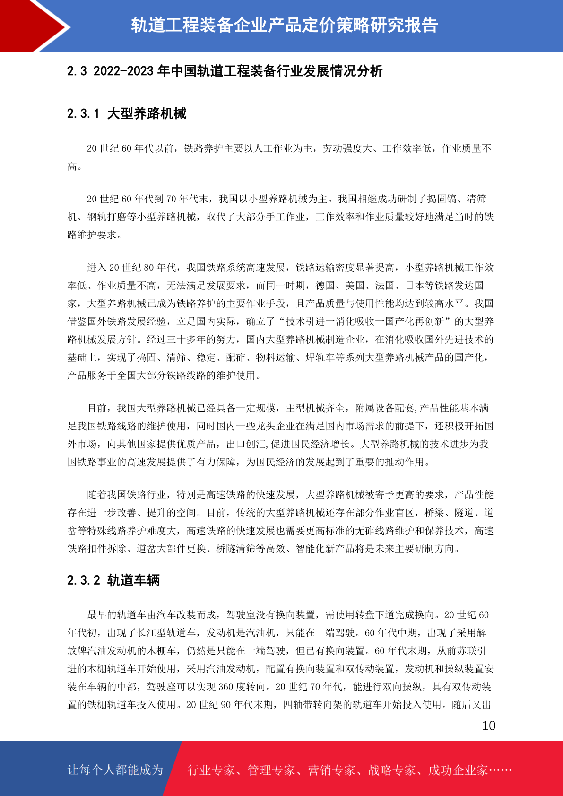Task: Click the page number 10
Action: tap(488, 726)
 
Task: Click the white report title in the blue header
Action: tap(285, 26)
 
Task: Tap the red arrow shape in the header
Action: tap(33, 26)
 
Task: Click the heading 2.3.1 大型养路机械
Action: tap(127, 114)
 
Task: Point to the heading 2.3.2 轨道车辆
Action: tap(113, 580)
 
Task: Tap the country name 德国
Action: tap(326, 286)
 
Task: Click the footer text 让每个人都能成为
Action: tap(115, 770)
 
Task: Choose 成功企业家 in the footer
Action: tap(458, 770)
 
